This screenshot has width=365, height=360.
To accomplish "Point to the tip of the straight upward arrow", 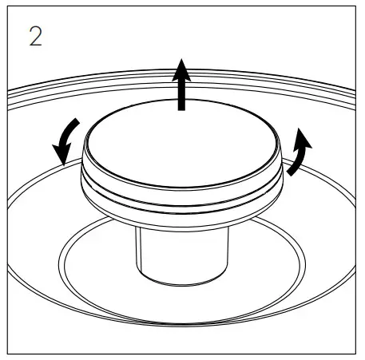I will click(183, 58).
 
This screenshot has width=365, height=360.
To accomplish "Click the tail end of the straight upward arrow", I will click(183, 109).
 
